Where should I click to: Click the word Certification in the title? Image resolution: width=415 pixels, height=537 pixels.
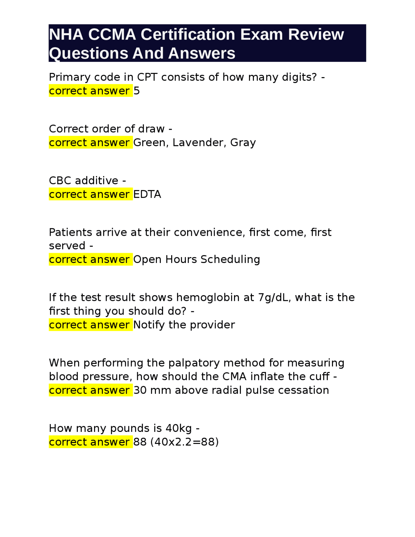pyautogui.click(x=188, y=34)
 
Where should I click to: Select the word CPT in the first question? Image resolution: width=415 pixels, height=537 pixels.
pyautogui.click(x=147, y=77)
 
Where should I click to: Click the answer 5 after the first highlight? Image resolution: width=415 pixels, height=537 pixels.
pyautogui.click(x=136, y=91)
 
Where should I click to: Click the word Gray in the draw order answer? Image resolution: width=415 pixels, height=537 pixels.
pyautogui.click(x=243, y=143)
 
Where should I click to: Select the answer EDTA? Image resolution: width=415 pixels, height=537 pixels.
pyautogui.click(x=147, y=194)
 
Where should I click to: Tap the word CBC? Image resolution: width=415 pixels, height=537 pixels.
pyautogui.click(x=60, y=181)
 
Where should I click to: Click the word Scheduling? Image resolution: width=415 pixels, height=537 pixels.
pyautogui.click(x=230, y=259)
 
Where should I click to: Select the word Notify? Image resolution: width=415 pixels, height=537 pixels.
pyautogui.click(x=149, y=325)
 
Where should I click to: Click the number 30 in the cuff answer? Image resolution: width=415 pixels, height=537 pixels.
pyautogui.click(x=140, y=390)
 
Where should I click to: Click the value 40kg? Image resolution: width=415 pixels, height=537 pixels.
pyautogui.click(x=179, y=428)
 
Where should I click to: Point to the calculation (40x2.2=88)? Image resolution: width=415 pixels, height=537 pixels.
pyautogui.click(x=184, y=442)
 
